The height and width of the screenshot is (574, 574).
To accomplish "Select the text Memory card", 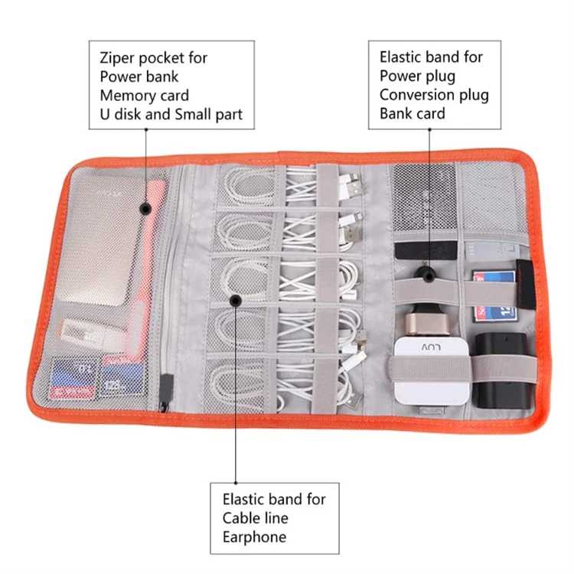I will (144, 96).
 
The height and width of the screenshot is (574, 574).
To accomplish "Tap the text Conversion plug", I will (434, 96).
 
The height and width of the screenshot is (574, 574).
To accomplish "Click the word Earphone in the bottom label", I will (255, 536).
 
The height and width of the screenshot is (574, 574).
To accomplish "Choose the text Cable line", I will (256, 518).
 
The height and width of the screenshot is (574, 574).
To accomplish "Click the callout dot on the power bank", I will (145, 208).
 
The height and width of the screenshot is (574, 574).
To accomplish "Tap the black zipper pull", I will (166, 390).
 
